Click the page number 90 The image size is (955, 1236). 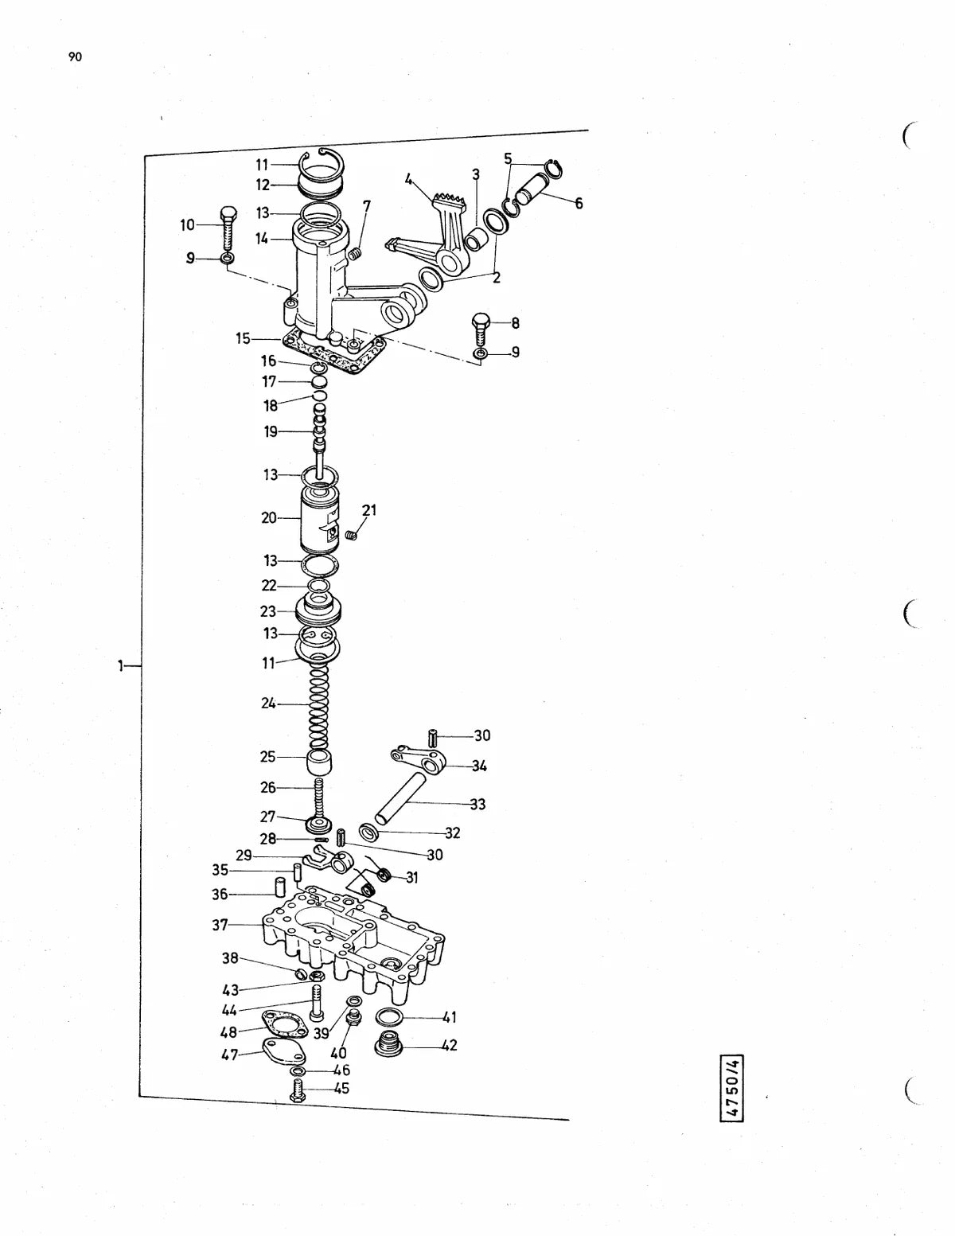(75, 57)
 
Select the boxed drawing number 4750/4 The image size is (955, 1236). (732, 1088)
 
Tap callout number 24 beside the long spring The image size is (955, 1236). (268, 704)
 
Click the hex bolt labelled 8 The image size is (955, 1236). (480, 329)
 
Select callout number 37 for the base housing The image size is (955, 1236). (220, 926)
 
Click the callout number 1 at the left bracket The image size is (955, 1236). (121, 665)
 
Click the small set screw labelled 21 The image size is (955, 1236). (352, 535)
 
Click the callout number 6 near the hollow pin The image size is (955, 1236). (579, 203)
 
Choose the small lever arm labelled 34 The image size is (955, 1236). (418, 760)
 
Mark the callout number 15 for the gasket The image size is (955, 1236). (243, 338)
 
